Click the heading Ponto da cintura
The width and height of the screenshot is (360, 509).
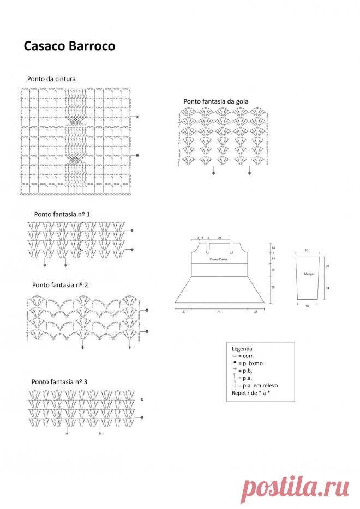tap(51, 79)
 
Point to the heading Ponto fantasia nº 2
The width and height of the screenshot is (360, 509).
tap(60, 285)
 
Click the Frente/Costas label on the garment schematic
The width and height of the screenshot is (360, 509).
tap(219, 260)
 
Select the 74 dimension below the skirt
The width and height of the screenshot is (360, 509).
tap(218, 311)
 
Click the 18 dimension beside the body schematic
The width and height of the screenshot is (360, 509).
tap(273, 270)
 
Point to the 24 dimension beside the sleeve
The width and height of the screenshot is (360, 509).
tap(327, 287)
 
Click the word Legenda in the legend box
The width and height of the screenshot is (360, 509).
tap(242, 348)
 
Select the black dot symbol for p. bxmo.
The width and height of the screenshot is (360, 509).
tap(234, 362)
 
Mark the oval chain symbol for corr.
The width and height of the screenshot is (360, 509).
tap(234, 355)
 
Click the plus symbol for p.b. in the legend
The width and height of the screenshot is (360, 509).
tap(234, 369)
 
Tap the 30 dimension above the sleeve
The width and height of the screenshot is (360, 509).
tap(307, 250)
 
